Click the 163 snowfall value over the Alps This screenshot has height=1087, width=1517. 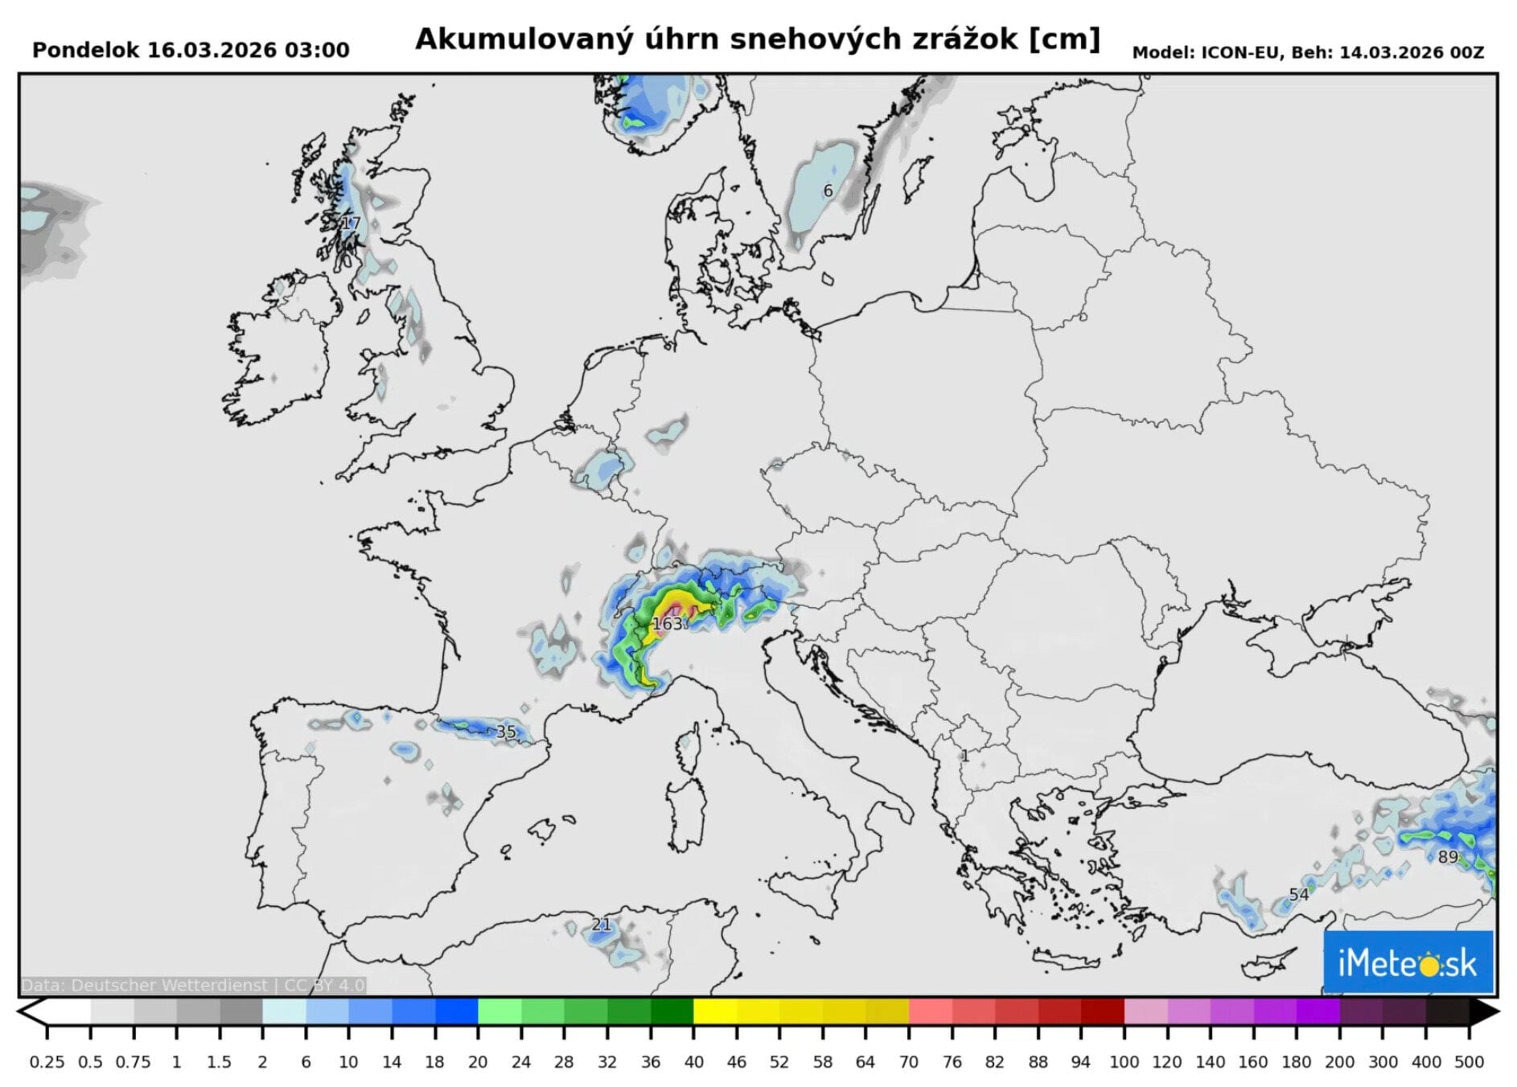click(667, 624)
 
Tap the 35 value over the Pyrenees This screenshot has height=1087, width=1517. click(506, 732)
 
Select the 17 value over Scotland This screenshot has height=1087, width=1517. click(351, 224)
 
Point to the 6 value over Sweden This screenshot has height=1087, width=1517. click(828, 191)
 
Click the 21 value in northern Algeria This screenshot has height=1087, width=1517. click(601, 925)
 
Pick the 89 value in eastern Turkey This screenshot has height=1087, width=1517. click(1448, 857)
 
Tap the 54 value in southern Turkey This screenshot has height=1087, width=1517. click(1298, 895)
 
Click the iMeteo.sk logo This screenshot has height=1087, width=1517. click(1408, 962)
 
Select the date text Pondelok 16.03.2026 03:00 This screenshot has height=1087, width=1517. click(191, 51)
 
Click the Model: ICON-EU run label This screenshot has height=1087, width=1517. click(1307, 53)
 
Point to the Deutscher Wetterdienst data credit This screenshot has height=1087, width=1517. click(193, 985)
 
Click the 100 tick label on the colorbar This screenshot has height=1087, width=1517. click(1124, 1062)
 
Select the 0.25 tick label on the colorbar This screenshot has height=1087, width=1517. click(47, 1062)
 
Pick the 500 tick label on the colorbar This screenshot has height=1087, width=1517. click(1469, 1062)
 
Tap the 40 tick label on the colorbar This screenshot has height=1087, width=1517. click(693, 1062)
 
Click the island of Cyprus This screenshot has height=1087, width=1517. click(1268, 962)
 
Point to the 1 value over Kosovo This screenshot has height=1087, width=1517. click(965, 756)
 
